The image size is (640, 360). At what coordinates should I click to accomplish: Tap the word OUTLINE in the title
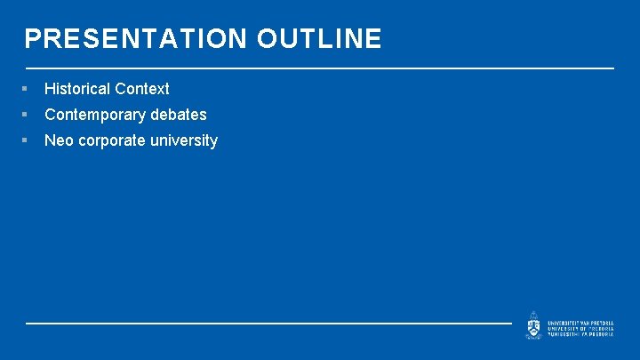point(320,39)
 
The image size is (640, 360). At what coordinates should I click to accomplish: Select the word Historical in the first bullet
point(77,89)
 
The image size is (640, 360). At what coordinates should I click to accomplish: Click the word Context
point(142,89)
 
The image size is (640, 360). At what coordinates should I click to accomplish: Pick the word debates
point(179,115)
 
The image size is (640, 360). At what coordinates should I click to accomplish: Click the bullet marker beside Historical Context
point(28,89)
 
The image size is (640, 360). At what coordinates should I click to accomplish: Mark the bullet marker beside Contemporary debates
point(28,115)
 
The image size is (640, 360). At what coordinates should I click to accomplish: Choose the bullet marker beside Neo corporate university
point(28,140)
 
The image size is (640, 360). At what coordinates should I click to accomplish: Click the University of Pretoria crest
point(532,324)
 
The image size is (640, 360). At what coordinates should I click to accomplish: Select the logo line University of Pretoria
point(580,327)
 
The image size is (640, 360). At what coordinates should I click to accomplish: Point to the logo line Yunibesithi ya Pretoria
point(580,333)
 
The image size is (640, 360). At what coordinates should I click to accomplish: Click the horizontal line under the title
point(320,68)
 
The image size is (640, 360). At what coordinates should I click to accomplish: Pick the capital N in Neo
point(50,140)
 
